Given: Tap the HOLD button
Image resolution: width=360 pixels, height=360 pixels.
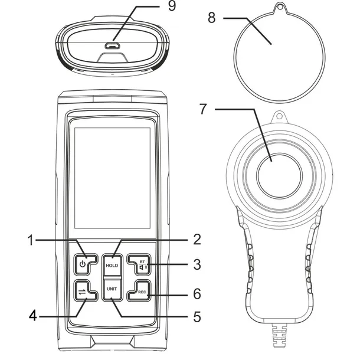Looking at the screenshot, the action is coord(112,264).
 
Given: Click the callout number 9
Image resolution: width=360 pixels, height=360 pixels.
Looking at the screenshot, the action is coord(172,6).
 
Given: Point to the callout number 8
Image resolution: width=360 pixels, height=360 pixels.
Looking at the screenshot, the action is coord(212,18).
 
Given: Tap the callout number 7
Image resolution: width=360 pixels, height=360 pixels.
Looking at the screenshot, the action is coord(203,109).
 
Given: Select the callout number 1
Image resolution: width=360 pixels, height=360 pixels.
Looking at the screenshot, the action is coord(30,240).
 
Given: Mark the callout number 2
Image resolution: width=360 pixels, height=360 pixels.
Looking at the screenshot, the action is coord(197,240).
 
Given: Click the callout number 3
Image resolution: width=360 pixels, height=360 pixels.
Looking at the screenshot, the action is coord(197,264).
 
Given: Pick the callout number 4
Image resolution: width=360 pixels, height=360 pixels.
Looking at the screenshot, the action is coord(33,316).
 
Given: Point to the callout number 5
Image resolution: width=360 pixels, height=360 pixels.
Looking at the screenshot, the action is coord(197,317).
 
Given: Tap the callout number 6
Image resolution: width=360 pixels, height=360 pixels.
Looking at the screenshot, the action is coord(197,294).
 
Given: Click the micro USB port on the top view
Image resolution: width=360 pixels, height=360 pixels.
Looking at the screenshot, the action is coord(112,46).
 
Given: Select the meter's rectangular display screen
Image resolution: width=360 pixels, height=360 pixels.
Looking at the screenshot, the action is coord(112,178).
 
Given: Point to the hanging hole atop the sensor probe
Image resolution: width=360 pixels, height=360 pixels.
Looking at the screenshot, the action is coord(279,116).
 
